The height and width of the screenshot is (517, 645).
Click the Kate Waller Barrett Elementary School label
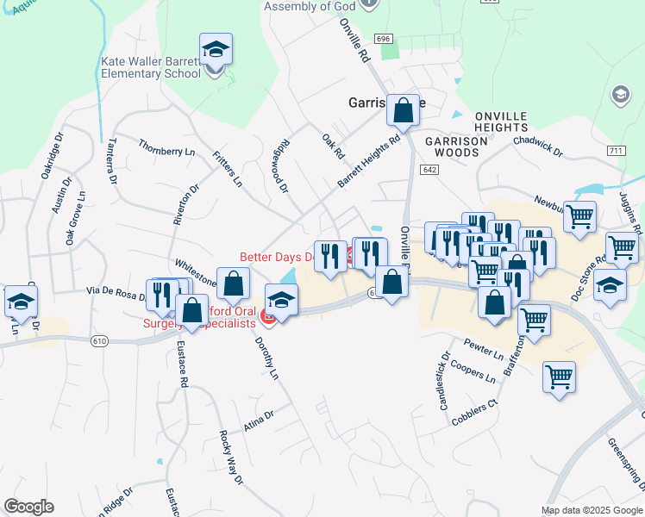[152, 68]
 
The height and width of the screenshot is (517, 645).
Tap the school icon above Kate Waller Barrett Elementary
[216, 49]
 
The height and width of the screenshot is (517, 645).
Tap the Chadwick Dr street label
[537, 146]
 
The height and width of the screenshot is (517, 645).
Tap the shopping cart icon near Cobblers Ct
[559, 377]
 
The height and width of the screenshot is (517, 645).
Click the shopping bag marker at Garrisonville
[403, 109]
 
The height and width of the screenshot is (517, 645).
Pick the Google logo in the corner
[28, 507]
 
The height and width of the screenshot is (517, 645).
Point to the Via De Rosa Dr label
[116, 295]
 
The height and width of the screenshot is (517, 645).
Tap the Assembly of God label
[309, 6]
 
